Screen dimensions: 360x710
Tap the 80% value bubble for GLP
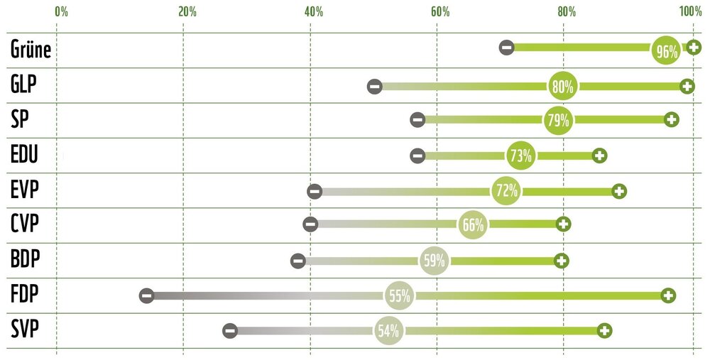(x=562, y=87)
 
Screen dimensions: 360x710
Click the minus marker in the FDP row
(x=146, y=295)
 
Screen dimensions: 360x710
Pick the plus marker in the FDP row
(x=667, y=295)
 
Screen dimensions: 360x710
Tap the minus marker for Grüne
(x=506, y=48)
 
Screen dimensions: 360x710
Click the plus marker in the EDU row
(x=599, y=156)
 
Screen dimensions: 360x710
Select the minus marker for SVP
(x=229, y=330)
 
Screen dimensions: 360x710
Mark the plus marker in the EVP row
(x=619, y=191)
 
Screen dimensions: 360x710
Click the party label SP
(x=20, y=119)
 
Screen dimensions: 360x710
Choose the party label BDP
(x=26, y=258)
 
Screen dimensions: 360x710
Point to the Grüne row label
(x=31, y=50)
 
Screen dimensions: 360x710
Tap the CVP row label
(x=25, y=224)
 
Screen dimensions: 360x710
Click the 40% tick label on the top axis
(x=313, y=11)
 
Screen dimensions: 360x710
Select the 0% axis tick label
(x=61, y=11)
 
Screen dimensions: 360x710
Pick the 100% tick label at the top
(x=689, y=11)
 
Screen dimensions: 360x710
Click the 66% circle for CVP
(x=473, y=226)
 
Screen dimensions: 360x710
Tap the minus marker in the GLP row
(x=375, y=87)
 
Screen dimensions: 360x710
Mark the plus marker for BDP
(x=562, y=261)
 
